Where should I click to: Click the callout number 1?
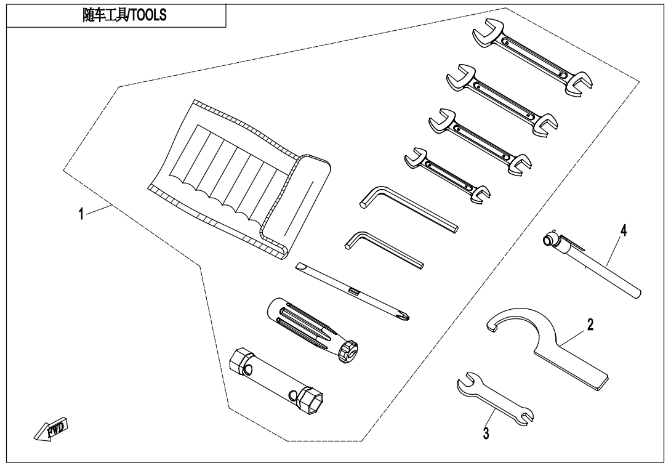click(81, 213)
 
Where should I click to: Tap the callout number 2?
click(590, 325)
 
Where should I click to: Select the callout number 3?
click(486, 434)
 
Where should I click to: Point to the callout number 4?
click(624, 230)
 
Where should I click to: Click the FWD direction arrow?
click(51, 429)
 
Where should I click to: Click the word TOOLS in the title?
click(148, 15)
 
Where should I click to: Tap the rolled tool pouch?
click(240, 180)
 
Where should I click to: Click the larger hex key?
click(409, 209)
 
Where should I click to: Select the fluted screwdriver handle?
click(313, 330)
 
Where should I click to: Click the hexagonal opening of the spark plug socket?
click(311, 401)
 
